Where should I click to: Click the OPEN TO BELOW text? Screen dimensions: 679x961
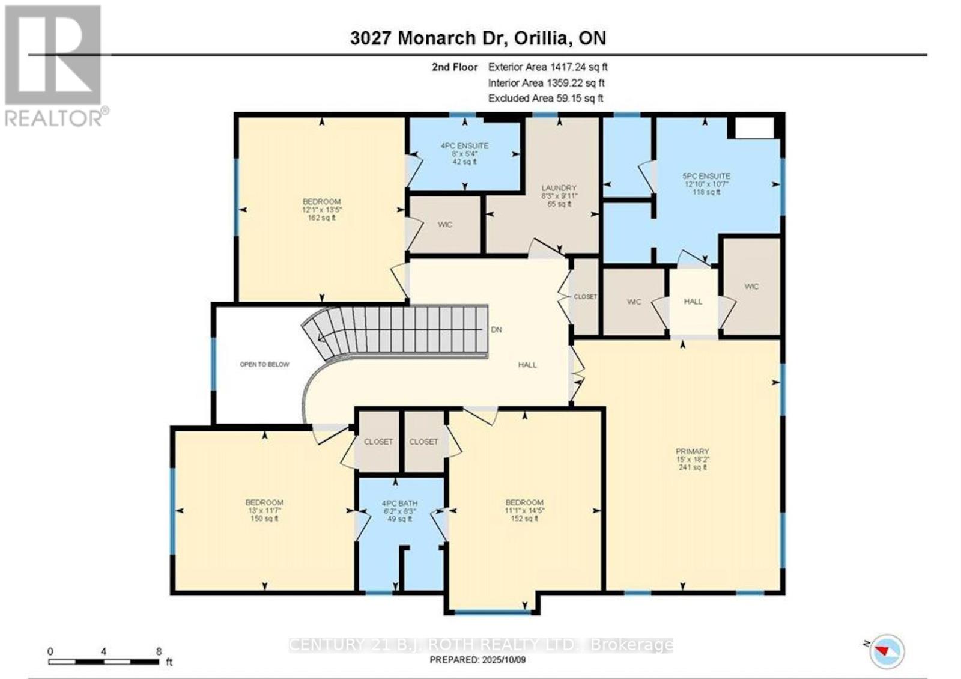point(264,364)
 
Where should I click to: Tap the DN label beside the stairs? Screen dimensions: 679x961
point(496,330)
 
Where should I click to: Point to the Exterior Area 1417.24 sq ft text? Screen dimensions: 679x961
point(548,67)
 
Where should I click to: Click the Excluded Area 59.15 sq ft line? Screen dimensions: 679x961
point(545,98)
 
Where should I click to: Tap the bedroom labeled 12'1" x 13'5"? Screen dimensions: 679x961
point(321,209)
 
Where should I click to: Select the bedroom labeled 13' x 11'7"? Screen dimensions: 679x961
point(264,510)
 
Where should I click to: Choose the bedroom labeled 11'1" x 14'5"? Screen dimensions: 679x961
point(524,510)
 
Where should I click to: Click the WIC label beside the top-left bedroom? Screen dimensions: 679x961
point(444,225)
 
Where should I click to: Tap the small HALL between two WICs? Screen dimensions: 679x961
point(693,302)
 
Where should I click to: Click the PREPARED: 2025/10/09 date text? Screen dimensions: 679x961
point(478,660)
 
